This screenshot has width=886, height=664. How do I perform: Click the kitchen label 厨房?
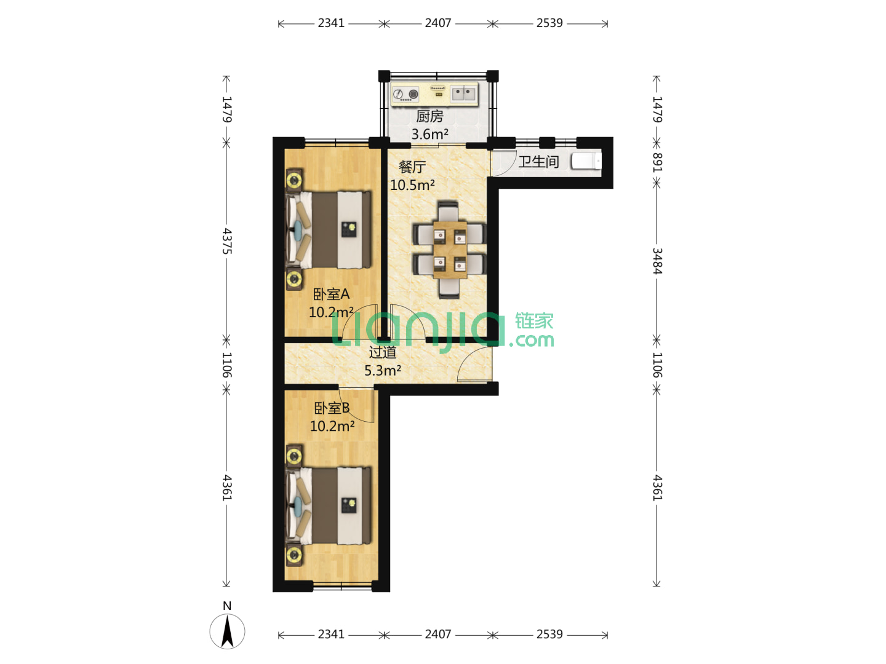429,117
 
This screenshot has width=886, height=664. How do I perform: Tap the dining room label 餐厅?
412,167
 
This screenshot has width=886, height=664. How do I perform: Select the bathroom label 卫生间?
538,162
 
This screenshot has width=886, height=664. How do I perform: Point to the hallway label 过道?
382,352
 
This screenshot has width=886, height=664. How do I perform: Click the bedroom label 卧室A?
331,294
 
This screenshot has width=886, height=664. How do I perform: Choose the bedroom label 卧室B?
332,408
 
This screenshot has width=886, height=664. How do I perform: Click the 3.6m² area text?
429,134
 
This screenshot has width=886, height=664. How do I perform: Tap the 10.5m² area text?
412,185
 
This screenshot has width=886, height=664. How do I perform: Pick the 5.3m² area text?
382,371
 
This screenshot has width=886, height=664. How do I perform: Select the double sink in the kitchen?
463,94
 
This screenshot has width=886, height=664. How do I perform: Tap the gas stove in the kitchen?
406,94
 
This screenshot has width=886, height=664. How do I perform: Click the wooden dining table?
450,250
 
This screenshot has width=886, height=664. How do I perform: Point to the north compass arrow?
227,631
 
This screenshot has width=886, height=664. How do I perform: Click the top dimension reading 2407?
438,23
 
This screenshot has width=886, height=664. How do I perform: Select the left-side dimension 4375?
227,241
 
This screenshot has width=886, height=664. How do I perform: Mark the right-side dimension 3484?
657,261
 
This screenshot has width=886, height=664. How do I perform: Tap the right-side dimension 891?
657,162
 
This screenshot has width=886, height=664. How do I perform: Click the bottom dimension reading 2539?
549,634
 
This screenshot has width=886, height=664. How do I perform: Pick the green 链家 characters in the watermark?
534,322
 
